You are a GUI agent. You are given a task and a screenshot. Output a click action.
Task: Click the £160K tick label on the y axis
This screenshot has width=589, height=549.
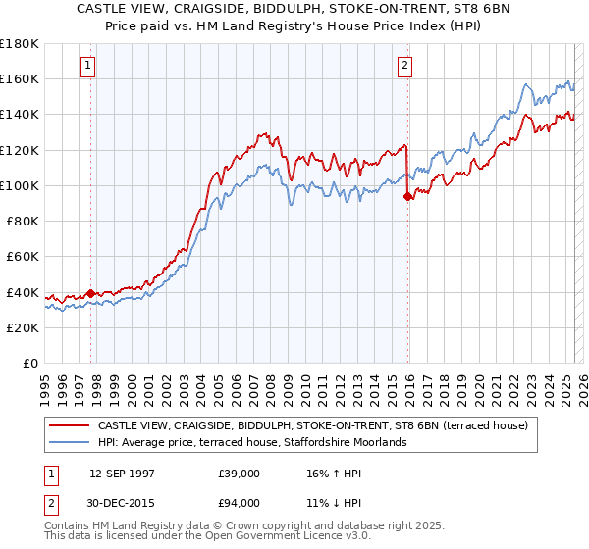click(x=20, y=78)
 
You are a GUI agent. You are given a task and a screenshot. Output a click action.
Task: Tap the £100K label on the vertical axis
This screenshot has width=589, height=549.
click(x=20, y=185)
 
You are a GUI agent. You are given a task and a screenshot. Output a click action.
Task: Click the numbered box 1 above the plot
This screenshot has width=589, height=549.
click(x=88, y=66)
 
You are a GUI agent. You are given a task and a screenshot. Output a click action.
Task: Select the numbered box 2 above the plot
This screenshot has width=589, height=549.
click(x=404, y=66)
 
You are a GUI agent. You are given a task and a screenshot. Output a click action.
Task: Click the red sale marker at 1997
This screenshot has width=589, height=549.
click(x=91, y=293)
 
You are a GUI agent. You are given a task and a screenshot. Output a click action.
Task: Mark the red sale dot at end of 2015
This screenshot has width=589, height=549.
click(x=408, y=196)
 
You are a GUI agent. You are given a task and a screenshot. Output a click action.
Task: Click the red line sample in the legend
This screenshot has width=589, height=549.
click(x=70, y=426)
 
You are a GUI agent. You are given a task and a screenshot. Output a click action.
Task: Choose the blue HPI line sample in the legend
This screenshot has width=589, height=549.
click(x=70, y=443)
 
